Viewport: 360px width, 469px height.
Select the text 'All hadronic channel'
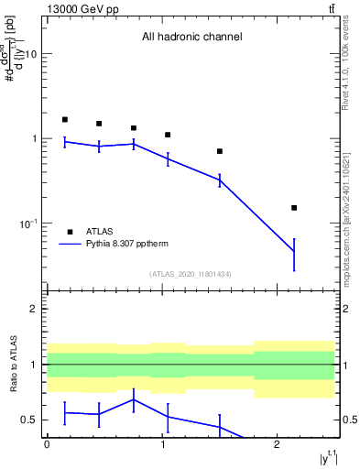click(x=191, y=38)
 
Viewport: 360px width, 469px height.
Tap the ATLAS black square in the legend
click(x=70, y=232)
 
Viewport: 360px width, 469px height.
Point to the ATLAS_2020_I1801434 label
click(x=191, y=274)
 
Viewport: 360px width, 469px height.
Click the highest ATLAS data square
click(x=65, y=119)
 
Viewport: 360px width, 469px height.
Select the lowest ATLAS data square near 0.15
click(x=294, y=208)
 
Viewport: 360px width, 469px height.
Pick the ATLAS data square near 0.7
click(x=220, y=151)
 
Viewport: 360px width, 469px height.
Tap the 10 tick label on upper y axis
click(x=30, y=54)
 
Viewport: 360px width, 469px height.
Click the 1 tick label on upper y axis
click(x=34, y=139)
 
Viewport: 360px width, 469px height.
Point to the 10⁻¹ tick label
click(x=28, y=224)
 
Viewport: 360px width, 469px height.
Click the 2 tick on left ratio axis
click(x=34, y=309)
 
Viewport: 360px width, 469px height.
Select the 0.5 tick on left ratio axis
click(x=29, y=420)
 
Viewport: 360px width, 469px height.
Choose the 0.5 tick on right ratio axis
click(x=349, y=420)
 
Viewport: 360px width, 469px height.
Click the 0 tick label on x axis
click(x=47, y=444)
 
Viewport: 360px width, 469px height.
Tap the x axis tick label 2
click(x=278, y=444)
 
